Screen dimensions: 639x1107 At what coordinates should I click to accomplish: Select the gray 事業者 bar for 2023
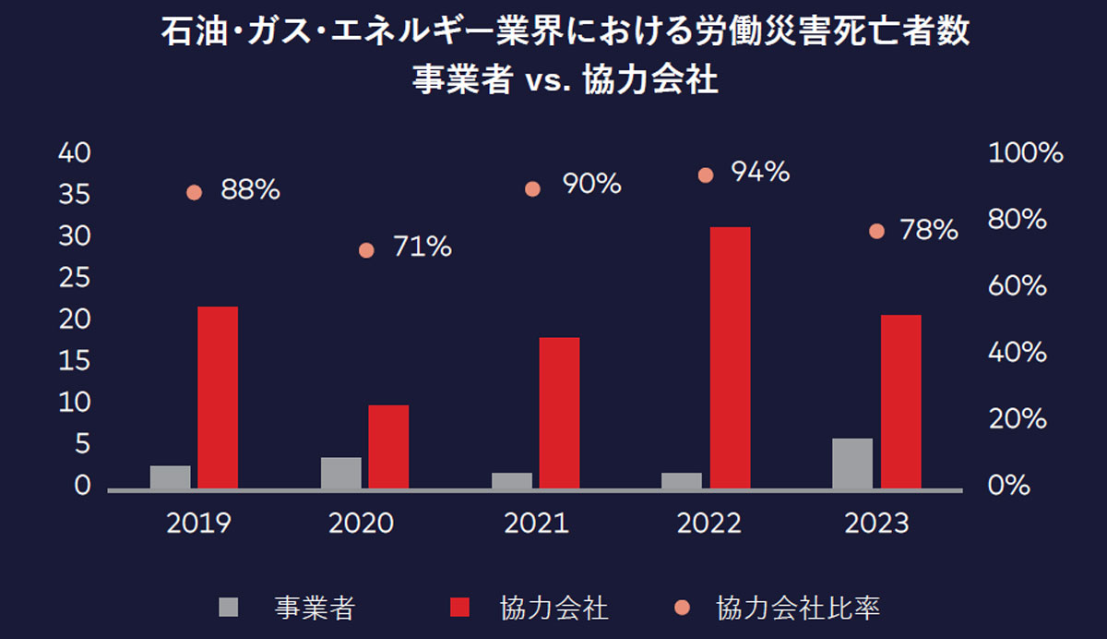[x=852, y=463]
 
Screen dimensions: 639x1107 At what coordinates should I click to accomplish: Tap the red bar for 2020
[x=388, y=446]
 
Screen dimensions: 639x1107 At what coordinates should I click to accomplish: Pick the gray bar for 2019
[x=170, y=476]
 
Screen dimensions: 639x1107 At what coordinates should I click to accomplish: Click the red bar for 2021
[x=559, y=412]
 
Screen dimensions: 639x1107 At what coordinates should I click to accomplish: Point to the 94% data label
[x=760, y=172]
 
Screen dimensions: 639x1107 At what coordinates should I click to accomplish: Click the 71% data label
[x=422, y=247]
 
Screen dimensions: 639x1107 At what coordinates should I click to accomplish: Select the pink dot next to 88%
[x=194, y=193]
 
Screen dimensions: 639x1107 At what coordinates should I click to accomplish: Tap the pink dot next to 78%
[x=876, y=232]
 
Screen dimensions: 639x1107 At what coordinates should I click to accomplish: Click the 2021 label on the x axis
[x=536, y=524]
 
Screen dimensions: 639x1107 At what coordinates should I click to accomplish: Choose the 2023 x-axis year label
[x=876, y=524]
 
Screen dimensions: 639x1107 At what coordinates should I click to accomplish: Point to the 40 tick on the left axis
[x=75, y=153]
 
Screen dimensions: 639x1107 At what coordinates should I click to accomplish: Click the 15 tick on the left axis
[x=75, y=361]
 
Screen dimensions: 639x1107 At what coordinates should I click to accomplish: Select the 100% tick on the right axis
[x=1026, y=153]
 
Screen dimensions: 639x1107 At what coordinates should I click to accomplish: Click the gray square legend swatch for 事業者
[x=228, y=607]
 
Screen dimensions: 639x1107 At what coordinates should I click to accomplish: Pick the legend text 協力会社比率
[x=798, y=608]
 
